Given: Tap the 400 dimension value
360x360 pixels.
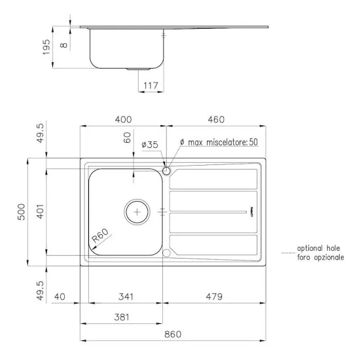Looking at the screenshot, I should tap(123, 119).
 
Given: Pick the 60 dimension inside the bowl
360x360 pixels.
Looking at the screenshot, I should tap(128, 138).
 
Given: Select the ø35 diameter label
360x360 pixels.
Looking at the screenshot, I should tap(150, 143).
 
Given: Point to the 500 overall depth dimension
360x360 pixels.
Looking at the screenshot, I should tap(21, 211).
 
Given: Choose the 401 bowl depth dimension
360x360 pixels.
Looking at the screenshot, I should tap(41, 211).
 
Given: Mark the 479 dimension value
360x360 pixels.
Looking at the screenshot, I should tap(214, 297).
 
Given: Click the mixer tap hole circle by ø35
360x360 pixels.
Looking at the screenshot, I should tap(166, 171).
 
